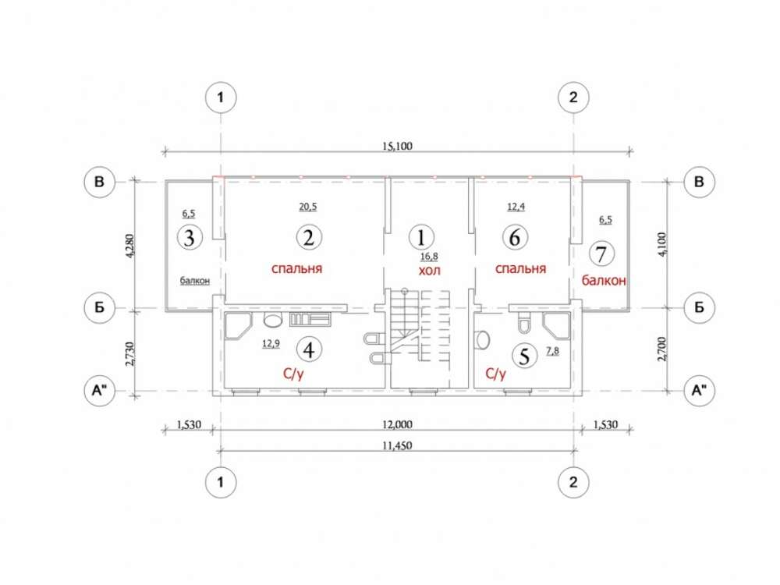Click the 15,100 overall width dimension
pos(397,147)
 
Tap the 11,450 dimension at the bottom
pos(397,445)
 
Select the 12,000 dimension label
pos(397,425)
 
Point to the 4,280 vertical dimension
pos(130,246)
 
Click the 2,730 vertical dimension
pos(130,354)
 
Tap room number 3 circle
pos(189,238)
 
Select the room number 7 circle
pos(601,253)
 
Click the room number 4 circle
pos(309,349)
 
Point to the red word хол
pos(429,271)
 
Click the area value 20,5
pos(308,206)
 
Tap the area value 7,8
pos(552,351)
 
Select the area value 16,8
pos(429,257)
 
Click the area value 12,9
pos(271,343)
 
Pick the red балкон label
pos(604,281)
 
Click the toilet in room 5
pos(525,323)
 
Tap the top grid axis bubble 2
pos(573,97)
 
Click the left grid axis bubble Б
pos(100,307)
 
